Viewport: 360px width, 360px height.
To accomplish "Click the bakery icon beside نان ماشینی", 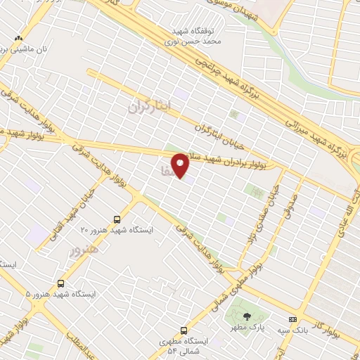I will point(18,39).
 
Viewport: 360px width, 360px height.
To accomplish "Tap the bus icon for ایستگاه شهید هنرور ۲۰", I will point(117,219).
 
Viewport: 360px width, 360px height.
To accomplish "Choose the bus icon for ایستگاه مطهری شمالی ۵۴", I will point(184,330).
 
